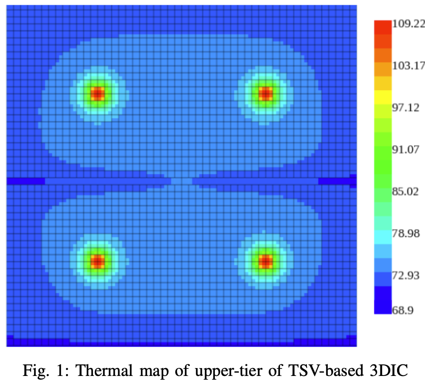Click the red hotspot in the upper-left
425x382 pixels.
tap(97, 94)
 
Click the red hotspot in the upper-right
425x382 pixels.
tap(265, 94)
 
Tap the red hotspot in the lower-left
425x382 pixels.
tap(97, 262)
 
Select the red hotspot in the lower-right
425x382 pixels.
tap(265, 262)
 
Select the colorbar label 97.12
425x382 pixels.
tap(406, 108)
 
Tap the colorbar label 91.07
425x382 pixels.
tap(406, 150)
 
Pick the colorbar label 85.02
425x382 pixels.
tap(406, 191)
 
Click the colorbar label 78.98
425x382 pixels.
tap(406, 234)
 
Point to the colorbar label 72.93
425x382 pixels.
tap(406, 276)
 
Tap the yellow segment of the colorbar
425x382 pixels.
tap(383, 97)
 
